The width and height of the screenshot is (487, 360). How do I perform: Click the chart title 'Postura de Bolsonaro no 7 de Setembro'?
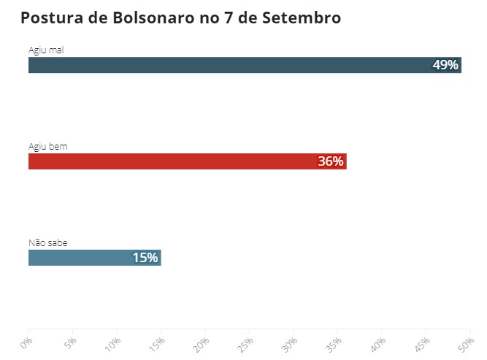(180, 18)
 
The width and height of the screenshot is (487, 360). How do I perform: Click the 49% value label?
(445, 65)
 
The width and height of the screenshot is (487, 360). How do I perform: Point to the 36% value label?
(330, 161)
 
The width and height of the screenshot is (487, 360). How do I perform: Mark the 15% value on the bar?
(145, 257)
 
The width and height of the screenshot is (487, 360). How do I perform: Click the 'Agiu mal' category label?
(46, 50)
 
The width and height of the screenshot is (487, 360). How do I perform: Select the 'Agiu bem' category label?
(47, 146)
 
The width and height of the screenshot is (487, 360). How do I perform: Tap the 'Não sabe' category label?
(48, 242)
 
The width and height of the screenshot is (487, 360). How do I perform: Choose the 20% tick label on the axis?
(202, 343)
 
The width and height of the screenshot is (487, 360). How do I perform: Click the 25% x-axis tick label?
(246, 343)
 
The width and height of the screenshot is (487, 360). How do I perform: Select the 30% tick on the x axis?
(290, 343)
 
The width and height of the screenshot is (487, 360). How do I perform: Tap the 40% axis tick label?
(379, 343)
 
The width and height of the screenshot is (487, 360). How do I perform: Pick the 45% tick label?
(423, 343)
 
